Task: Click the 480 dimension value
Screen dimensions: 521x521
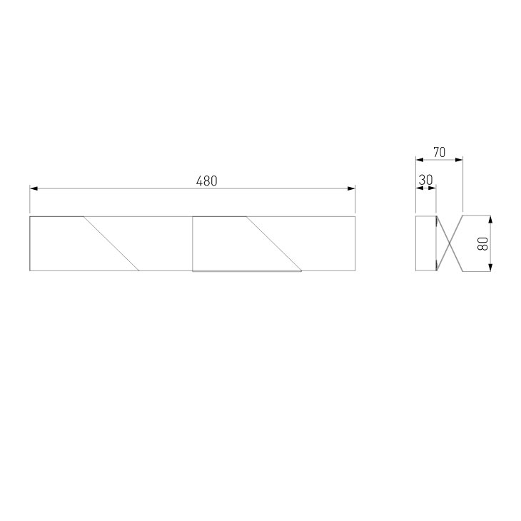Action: pos(206,181)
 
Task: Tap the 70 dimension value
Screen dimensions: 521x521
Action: pos(439,153)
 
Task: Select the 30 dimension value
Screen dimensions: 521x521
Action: pos(425,180)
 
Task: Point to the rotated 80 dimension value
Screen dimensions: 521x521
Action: pos(482,243)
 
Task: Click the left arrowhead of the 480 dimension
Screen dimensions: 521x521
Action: pos(34,188)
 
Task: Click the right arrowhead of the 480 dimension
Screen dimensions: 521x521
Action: pos(351,188)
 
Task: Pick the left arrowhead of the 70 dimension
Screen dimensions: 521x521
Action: pos(420,160)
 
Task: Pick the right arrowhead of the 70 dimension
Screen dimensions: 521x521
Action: pos(459,160)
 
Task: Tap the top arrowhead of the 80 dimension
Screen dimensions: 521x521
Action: pos(491,220)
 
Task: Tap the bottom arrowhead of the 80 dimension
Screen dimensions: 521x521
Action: pos(491,267)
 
